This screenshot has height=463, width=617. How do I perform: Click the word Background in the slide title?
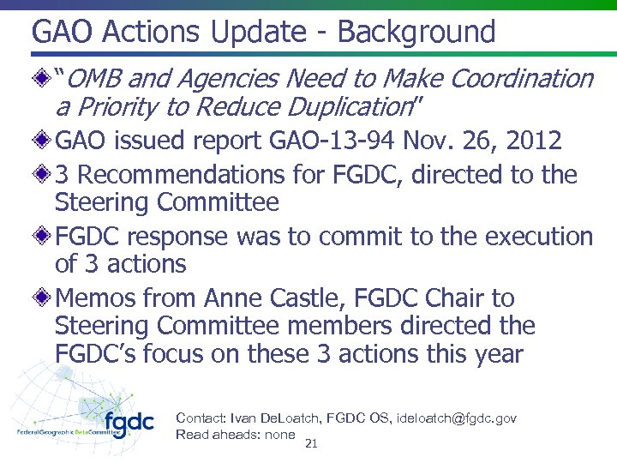coord(416,33)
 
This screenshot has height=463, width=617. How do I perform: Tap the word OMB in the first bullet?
coord(96,79)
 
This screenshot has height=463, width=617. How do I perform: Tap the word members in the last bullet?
coord(349,326)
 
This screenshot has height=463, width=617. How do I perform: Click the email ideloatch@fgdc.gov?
coord(456,418)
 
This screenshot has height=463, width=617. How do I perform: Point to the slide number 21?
coord(311,443)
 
